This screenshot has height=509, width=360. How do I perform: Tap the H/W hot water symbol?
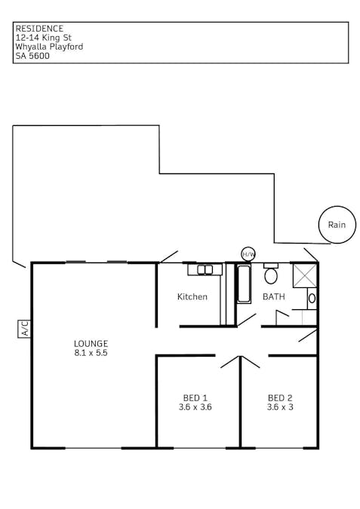click(248, 254)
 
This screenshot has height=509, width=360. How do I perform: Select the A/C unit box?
click(24, 329)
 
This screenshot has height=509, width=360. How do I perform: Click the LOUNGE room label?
click(91, 343)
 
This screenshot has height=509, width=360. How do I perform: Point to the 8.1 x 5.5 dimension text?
click(91, 353)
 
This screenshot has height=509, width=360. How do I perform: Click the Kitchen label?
click(192, 296)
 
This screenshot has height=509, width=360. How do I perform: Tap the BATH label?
click(273, 296)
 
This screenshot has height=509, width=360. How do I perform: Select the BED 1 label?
click(195, 397)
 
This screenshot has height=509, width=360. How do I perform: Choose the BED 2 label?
click(280, 397)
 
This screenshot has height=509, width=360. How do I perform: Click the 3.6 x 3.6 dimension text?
click(195, 407)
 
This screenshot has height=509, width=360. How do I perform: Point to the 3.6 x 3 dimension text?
click(280, 407)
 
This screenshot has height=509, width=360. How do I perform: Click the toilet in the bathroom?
click(271, 274)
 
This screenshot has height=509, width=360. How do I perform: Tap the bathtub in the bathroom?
click(244, 284)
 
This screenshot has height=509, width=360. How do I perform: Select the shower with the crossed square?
click(305, 275)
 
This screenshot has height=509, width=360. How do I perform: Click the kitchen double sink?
click(205, 270)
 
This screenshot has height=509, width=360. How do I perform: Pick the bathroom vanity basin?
click(312, 299)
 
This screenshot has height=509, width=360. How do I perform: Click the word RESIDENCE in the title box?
click(39, 29)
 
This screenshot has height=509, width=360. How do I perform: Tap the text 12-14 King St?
click(44, 38)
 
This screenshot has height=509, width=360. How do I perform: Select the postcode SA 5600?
click(32, 56)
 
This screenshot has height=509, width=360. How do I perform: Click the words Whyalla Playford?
click(49, 47)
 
